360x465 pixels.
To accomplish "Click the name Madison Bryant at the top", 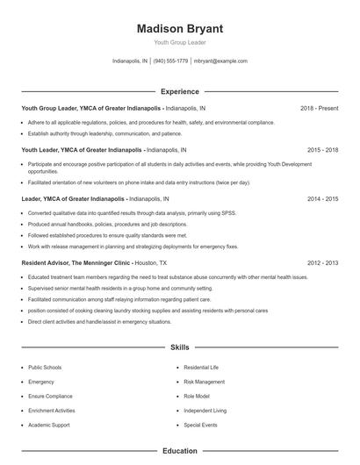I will point(180,28).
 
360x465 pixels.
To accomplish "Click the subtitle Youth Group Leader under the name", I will point(180,43).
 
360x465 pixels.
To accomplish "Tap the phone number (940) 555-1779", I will point(170,61).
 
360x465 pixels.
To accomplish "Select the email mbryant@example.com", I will point(220,61).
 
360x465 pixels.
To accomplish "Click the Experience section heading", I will point(180,91).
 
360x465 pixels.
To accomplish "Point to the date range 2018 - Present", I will point(319,109).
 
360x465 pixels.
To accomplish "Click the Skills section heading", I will point(180,347).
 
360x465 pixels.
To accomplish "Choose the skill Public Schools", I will point(45,368).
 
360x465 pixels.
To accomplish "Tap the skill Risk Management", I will point(203,382).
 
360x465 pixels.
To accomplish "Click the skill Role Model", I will point(196,396).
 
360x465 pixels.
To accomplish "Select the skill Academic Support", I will point(48,424).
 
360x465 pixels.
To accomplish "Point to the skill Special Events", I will point(199,424).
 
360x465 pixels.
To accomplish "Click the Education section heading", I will point(180,451).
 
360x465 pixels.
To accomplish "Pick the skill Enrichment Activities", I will point(52,410).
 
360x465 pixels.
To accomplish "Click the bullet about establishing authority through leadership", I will point(104,134).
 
